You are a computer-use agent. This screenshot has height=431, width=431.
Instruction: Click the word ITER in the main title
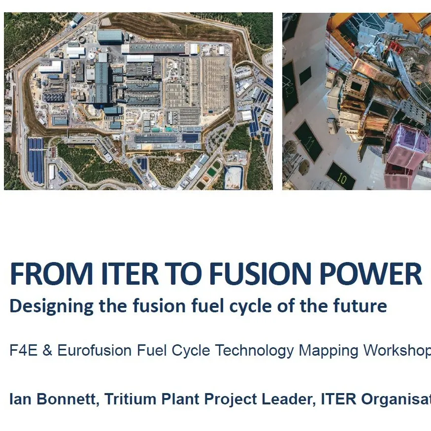coord(126,274)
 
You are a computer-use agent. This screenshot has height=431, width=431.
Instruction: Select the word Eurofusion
coord(95,351)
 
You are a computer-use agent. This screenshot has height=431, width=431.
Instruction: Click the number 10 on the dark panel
coord(341,179)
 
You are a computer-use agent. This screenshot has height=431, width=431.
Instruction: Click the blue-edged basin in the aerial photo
coord(233,176)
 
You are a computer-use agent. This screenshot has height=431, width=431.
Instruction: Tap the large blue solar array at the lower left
coord(35,160)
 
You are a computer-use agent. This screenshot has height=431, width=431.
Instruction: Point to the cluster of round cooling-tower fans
coord(53,96)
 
